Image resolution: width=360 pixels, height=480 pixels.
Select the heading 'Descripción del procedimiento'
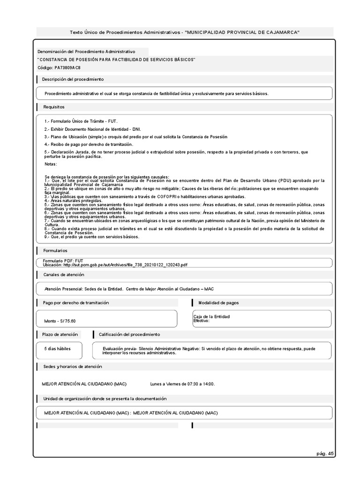click(x=73, y=80)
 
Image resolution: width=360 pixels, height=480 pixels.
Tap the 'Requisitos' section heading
click(x=54, y=107)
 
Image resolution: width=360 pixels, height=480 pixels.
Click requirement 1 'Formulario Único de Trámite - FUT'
click(x=78, y=121)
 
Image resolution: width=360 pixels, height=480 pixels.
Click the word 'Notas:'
click(x=51, y=164)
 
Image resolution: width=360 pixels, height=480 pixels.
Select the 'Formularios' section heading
click(x=55, y=251)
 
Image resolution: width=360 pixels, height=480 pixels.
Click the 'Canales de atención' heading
click(x=64, y=274)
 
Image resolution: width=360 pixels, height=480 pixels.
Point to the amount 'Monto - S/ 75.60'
click(x=60, y=321)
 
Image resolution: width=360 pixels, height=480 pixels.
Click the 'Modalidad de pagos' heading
click(x=218, y=303)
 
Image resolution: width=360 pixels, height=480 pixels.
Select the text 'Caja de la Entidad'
click(x=211, y=317)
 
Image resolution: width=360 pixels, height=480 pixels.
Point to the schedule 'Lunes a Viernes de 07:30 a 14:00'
click(x=182, y=384)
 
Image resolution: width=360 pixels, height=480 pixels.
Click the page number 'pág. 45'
click(x=325, y=453)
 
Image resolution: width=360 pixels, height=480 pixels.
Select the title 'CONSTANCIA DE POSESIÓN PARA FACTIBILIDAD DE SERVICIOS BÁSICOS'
click(x=116, y=60)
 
